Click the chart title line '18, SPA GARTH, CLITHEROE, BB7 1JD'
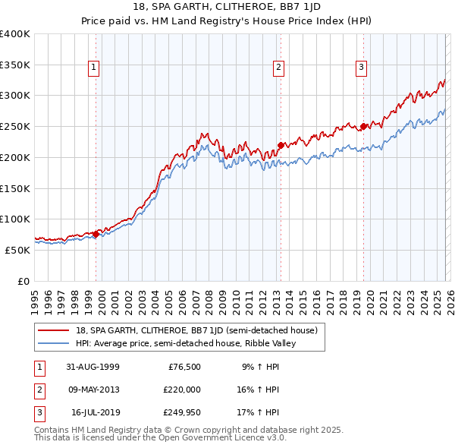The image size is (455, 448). click(227, 7)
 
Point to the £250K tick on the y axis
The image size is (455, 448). click(15, 126)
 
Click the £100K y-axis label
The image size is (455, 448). click(15, 219)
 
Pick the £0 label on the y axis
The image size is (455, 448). click(23, 281)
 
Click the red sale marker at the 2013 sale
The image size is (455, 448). click(280, 144)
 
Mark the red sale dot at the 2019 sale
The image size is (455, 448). click(363, 126)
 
